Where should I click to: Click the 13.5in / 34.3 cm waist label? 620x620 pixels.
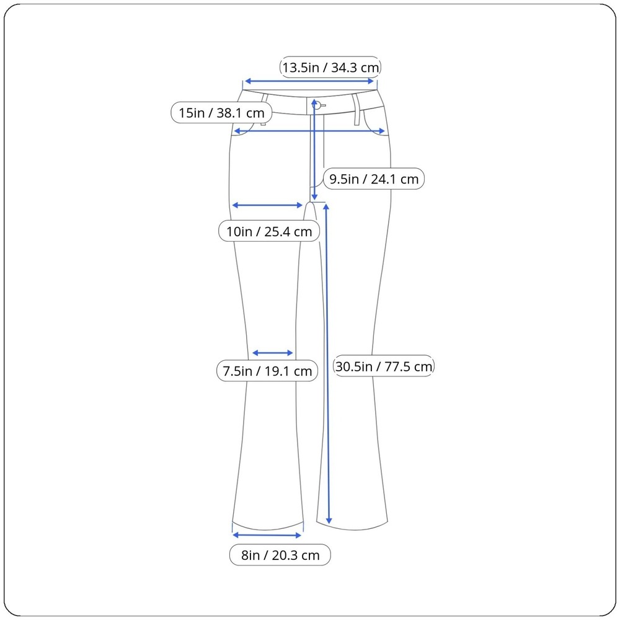point(330,67)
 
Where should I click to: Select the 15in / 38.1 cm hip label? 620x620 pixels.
point(221,113)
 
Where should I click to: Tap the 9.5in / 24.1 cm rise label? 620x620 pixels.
point(374,179)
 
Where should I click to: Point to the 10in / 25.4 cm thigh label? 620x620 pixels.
point(269,231)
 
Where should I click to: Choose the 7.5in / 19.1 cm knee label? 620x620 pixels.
point(267,371)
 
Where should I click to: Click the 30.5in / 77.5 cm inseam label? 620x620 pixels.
point(384,366)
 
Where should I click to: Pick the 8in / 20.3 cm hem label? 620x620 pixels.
point(280,555)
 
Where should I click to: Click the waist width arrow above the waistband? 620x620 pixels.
point(309,81)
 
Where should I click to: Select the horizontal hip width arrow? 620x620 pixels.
point(309,131)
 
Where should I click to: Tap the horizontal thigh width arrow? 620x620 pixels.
point(267,205)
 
